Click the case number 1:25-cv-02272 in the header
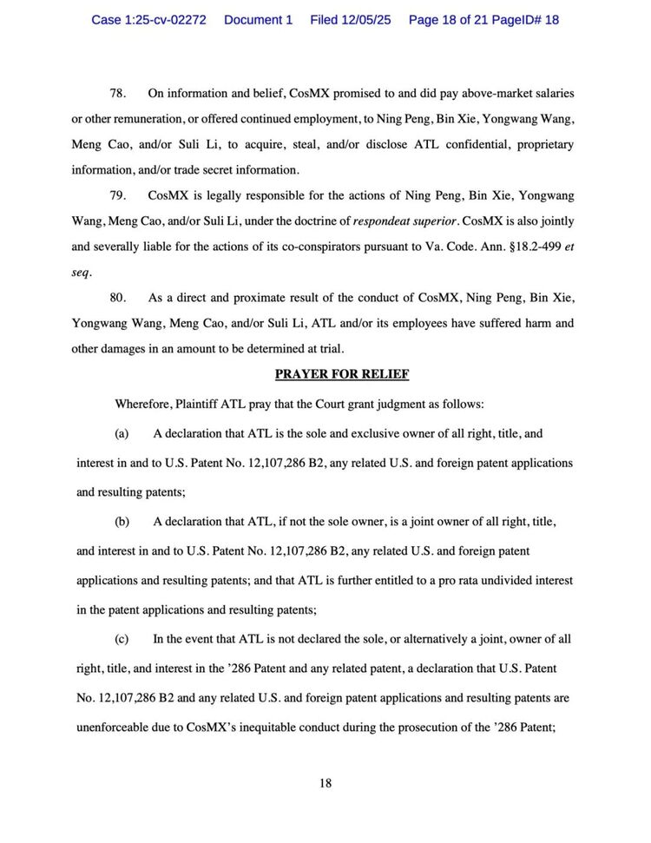148,20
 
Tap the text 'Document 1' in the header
258,20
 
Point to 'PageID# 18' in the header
525,20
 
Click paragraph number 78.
118,93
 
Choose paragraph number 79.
118,196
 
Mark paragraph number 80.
118,298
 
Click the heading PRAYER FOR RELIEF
341,374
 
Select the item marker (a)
122,433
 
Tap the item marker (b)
122,522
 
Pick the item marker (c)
122,639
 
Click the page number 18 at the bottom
325,783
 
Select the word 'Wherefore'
142,404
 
